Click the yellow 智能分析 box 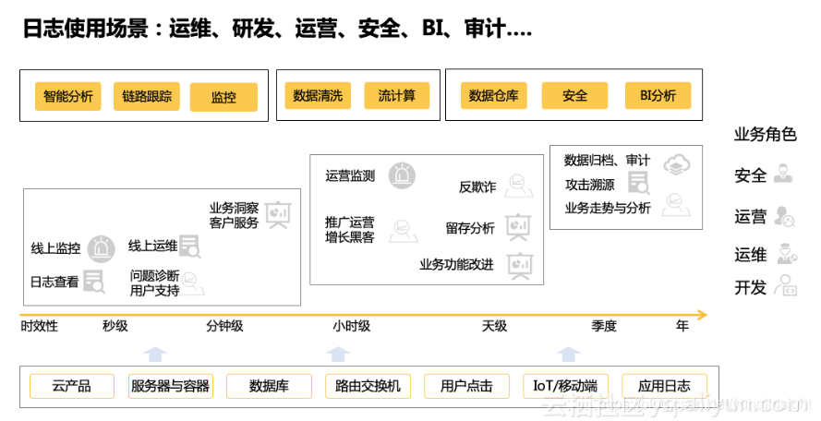68,97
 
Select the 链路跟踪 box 147,97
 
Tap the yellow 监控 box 223,97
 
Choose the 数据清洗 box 318,96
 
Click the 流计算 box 397,96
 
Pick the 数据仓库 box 494,96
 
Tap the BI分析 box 658,96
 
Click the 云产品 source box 72,386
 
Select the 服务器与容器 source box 171,386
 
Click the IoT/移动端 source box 565,386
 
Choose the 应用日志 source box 664,386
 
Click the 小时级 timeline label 352,326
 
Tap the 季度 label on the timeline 604,326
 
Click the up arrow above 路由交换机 339,354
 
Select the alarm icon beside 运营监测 402,175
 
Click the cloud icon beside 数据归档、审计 677,163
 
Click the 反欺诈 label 477,187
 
